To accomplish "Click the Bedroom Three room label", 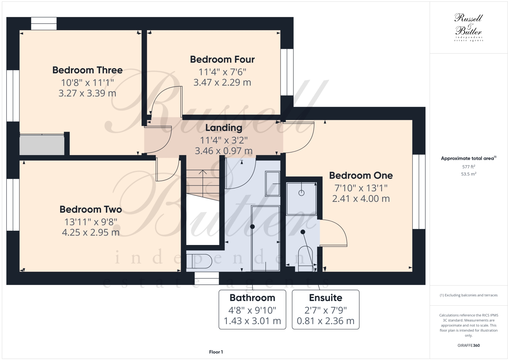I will [87, 70].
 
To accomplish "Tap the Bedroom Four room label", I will [222, 60].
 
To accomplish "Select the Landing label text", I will [223, 128].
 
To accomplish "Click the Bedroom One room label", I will [361, 175].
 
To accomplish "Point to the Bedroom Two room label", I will [91, 209].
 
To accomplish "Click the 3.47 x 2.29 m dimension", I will [222, 82].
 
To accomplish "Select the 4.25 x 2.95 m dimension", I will [91, 232].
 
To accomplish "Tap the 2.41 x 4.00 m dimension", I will [361, 198].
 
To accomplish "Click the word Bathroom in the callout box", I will [252, 298].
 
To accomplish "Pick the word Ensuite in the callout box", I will [325, 298].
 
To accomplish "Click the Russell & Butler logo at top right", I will [469, 27].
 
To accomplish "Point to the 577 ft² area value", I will [469, 167].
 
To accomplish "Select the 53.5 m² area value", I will [469, 174].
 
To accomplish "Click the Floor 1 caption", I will [216, 352].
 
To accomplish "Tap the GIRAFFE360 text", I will [469, 345].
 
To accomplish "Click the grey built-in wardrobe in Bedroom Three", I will [42, 145].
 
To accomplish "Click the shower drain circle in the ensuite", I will [301, 193].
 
